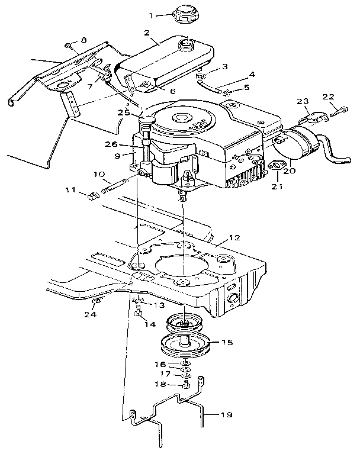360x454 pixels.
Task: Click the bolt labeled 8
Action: click(x=69, y=46)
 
